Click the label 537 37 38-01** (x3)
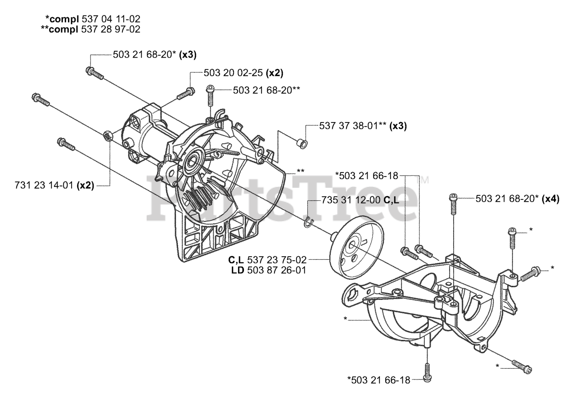pyautogui.click(x=363, y=126)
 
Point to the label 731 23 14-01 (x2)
pyautogui.click(x=54, y=185)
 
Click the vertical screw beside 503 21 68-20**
pyautogui.click(x=211, y=96)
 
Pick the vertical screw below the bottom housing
pyautogui.click(x=426, y=371)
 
